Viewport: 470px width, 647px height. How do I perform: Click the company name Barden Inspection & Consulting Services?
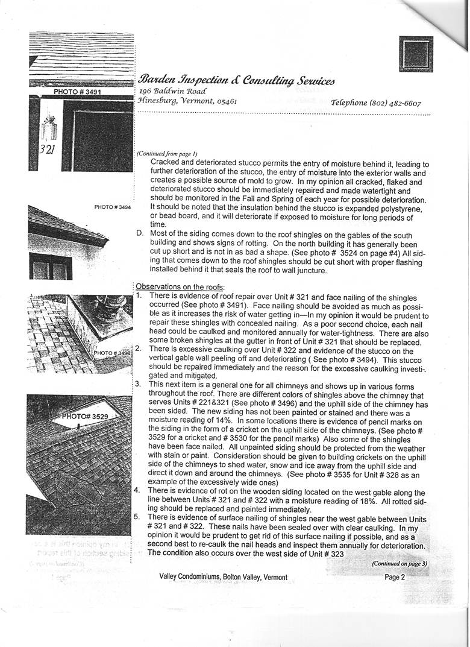pyautogui.click(x=236, y=80)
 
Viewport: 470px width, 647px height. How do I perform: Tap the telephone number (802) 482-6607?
pyautogui.click(x=375, y=103)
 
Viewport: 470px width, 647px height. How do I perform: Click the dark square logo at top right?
pyautogui.click(x=416, y=54)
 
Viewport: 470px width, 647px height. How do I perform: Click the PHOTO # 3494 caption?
pyautogui.click(x=113, y=207)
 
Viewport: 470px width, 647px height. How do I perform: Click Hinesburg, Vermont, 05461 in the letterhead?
pyautogui.click(x=187, y=101)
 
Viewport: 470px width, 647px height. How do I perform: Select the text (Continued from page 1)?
pyautogui.click(x=167, y=154)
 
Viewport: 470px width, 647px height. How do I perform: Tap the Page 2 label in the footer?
pyautogui.click(x=395, y=577)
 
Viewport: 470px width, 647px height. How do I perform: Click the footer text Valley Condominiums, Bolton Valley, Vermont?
pyautogui.click(x=223, y=577)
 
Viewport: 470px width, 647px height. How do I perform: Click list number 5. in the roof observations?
pyautogui.click(x=137, y=517)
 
